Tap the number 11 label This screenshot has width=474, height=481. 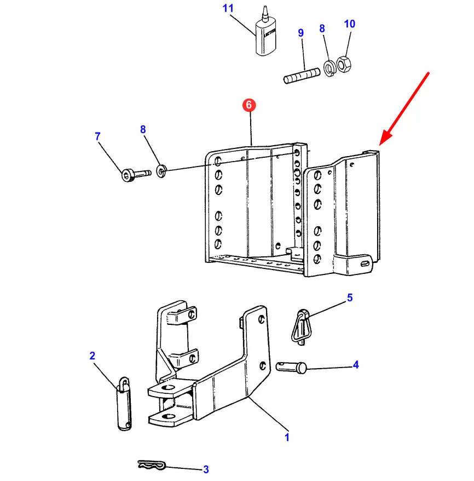[228, 9]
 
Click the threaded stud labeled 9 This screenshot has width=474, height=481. [301, 76]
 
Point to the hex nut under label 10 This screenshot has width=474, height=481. [344, 64]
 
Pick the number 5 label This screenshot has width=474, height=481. [349, 298]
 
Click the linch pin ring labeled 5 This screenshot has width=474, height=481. [300, 327]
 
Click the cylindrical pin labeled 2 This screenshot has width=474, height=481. [124, 404]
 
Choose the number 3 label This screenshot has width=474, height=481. [206, 469]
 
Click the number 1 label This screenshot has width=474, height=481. [286, 437]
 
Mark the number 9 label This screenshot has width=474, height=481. [300, 33]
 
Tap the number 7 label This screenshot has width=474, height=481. [98, 136]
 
